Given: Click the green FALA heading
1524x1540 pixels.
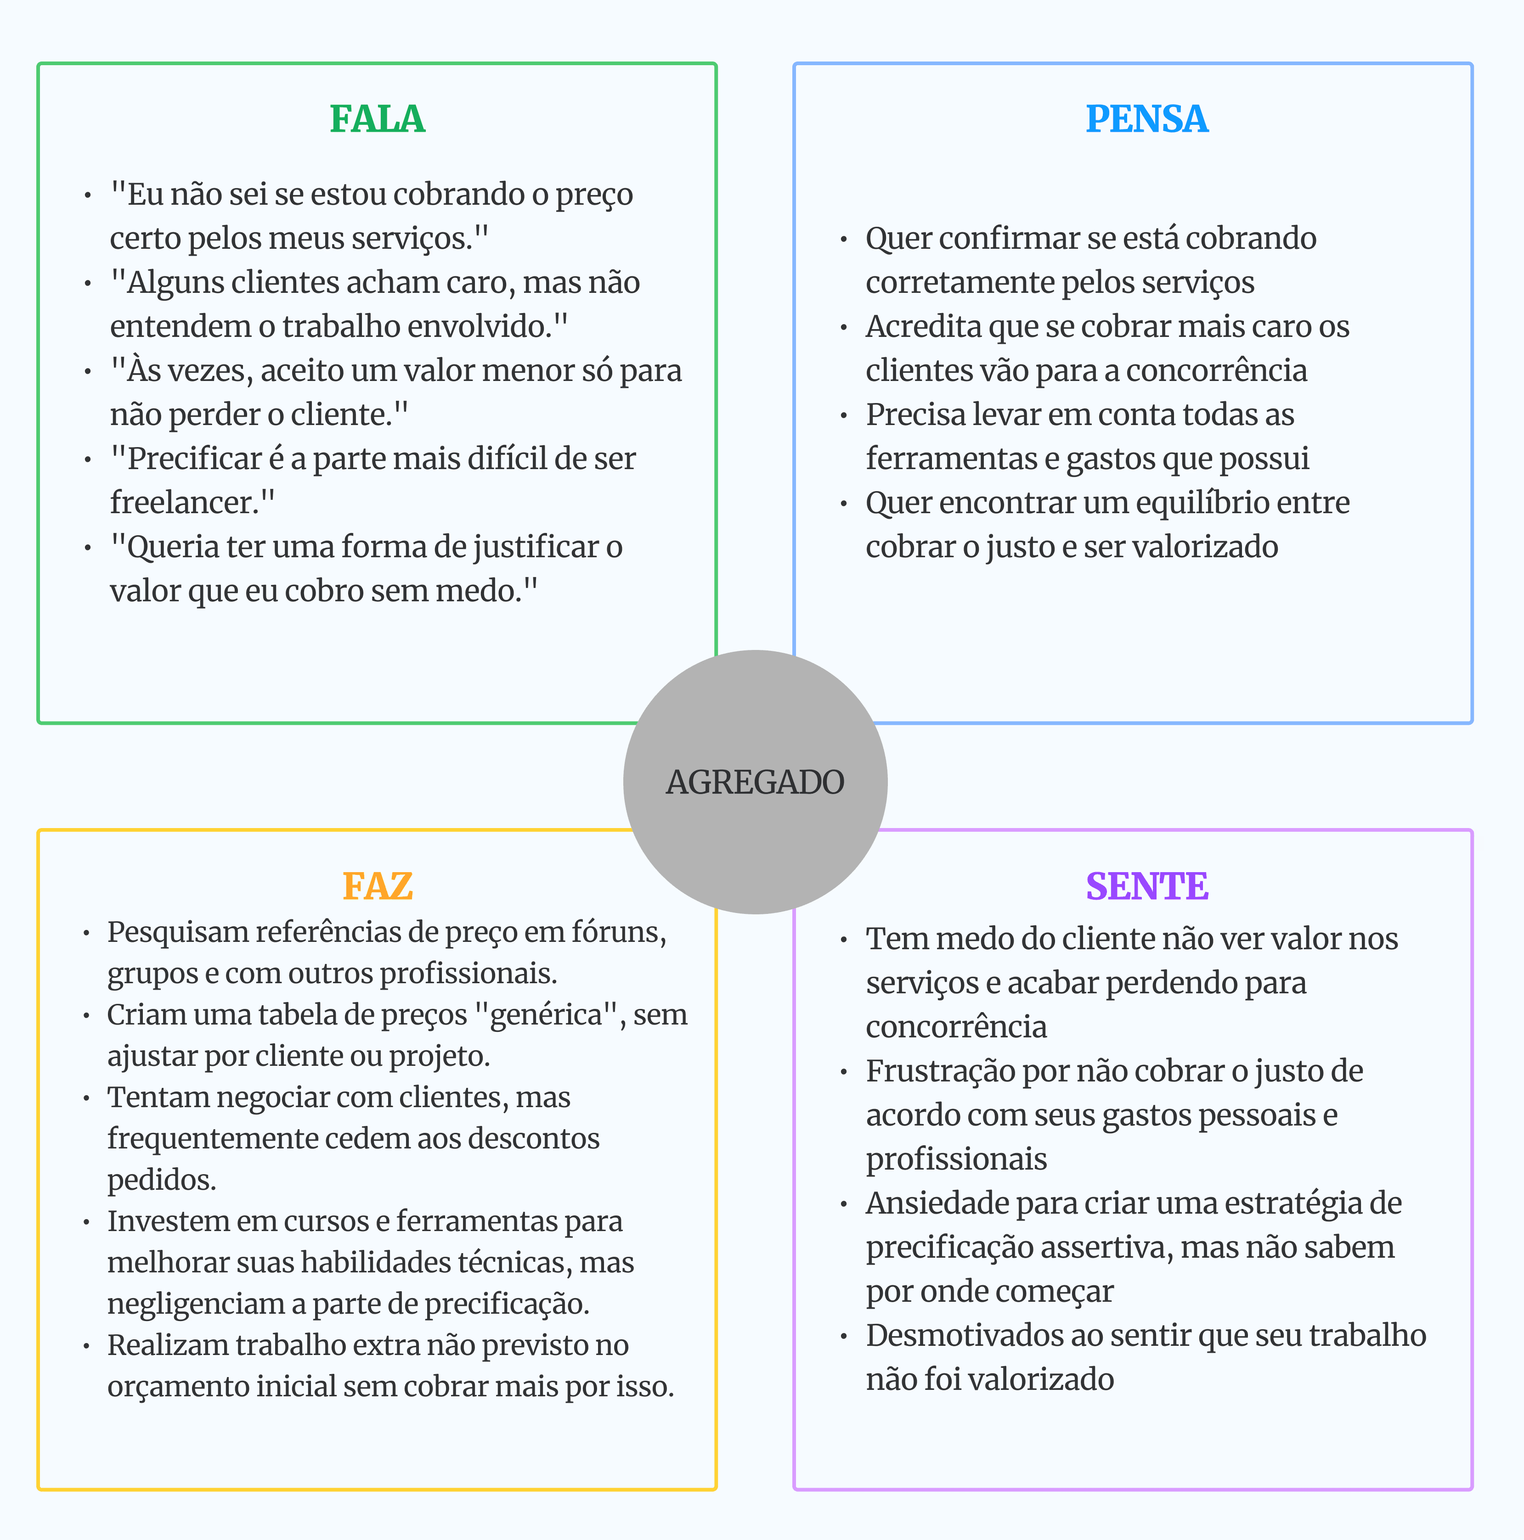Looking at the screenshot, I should point(377,119).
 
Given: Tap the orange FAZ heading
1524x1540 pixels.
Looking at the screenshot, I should point(377,886).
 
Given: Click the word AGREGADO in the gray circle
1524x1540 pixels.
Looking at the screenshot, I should point(755,782).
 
